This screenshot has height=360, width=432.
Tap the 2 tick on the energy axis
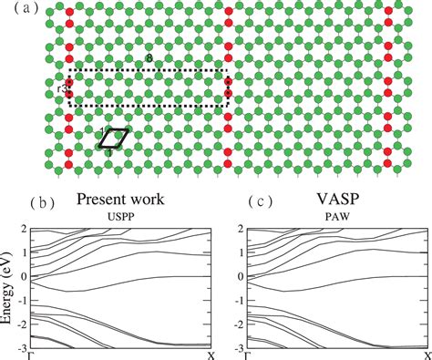[21, 227]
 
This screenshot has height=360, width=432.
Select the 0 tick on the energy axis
[21, 275]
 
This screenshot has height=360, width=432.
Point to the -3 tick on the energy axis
[18, 348]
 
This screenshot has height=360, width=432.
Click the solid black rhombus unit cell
[114, 138]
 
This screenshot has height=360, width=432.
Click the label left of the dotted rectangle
[59, 87]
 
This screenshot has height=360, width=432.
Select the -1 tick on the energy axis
[18, 300]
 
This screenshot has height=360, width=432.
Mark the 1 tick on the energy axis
[21, 252]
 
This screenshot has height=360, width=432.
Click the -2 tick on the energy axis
[18, 324]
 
